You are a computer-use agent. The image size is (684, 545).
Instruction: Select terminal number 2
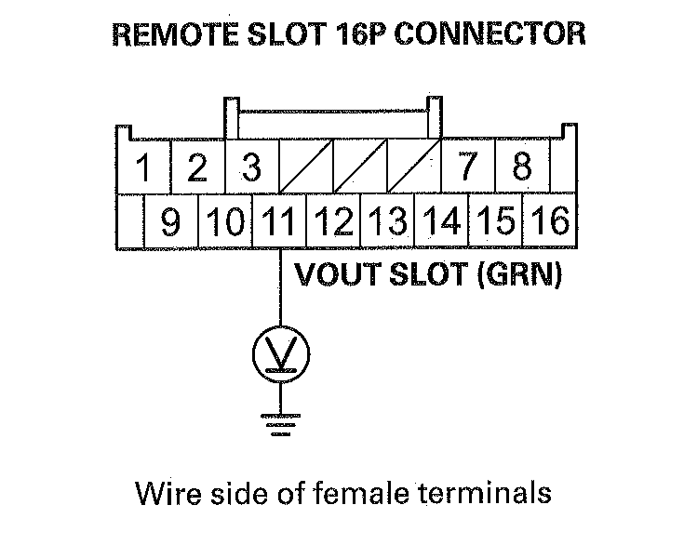196,169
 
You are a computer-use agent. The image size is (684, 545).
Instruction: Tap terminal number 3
250,169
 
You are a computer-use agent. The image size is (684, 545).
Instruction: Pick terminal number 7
467,169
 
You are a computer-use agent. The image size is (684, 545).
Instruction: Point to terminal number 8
521,169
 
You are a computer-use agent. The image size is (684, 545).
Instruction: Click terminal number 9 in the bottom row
170,223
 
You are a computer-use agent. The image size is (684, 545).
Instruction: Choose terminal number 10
223,223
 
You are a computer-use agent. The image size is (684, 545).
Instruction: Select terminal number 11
278,223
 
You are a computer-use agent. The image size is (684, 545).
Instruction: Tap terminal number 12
332,223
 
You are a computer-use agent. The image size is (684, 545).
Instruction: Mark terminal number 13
386,223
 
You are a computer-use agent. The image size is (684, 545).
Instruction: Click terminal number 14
440,223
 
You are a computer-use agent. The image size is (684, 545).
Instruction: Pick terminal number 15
495,223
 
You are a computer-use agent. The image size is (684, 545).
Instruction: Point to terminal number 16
549,223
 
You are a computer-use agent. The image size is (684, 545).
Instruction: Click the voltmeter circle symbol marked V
280,353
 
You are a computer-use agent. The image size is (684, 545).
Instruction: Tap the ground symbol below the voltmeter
280,422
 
